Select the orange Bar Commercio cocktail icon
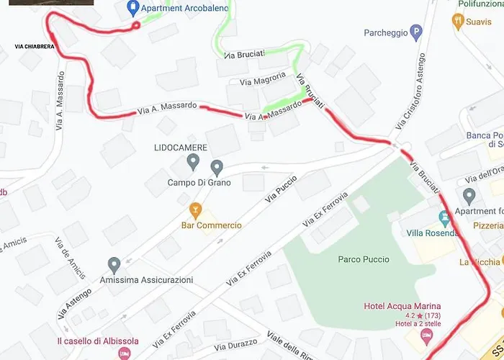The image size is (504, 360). (x=194, y=210)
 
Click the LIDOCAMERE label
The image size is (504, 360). (x=181, y=148)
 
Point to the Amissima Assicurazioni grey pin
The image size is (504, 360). (x=114, y=265)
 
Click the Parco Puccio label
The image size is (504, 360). (x=364, y=259)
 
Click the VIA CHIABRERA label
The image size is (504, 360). (x=34, y=46)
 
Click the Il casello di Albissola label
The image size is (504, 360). (x=98, y=341)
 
